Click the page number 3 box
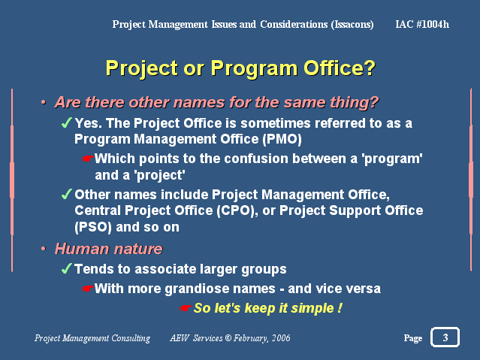(x=445, y=337)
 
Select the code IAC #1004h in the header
(x=422, y=24)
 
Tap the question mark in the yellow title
(x=370, y=68)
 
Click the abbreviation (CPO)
(x=237, y=210)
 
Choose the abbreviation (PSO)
(x=93, y=227)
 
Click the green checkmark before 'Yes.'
(x=66, y=123)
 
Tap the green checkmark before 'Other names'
(x=66, y=194)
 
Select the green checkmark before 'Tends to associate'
(x=66, y=269)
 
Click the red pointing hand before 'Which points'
(x=88, y=159)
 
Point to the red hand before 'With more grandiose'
(x=88, y=289)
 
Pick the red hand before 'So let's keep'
(x=186, y=307)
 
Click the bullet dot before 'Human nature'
(x=44, y=249)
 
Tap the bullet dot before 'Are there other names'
(x=44, y=102)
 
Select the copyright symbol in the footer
(x=228, y=338)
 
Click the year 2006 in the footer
(x=281, y=338)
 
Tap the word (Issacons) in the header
(x=352, y=25)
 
